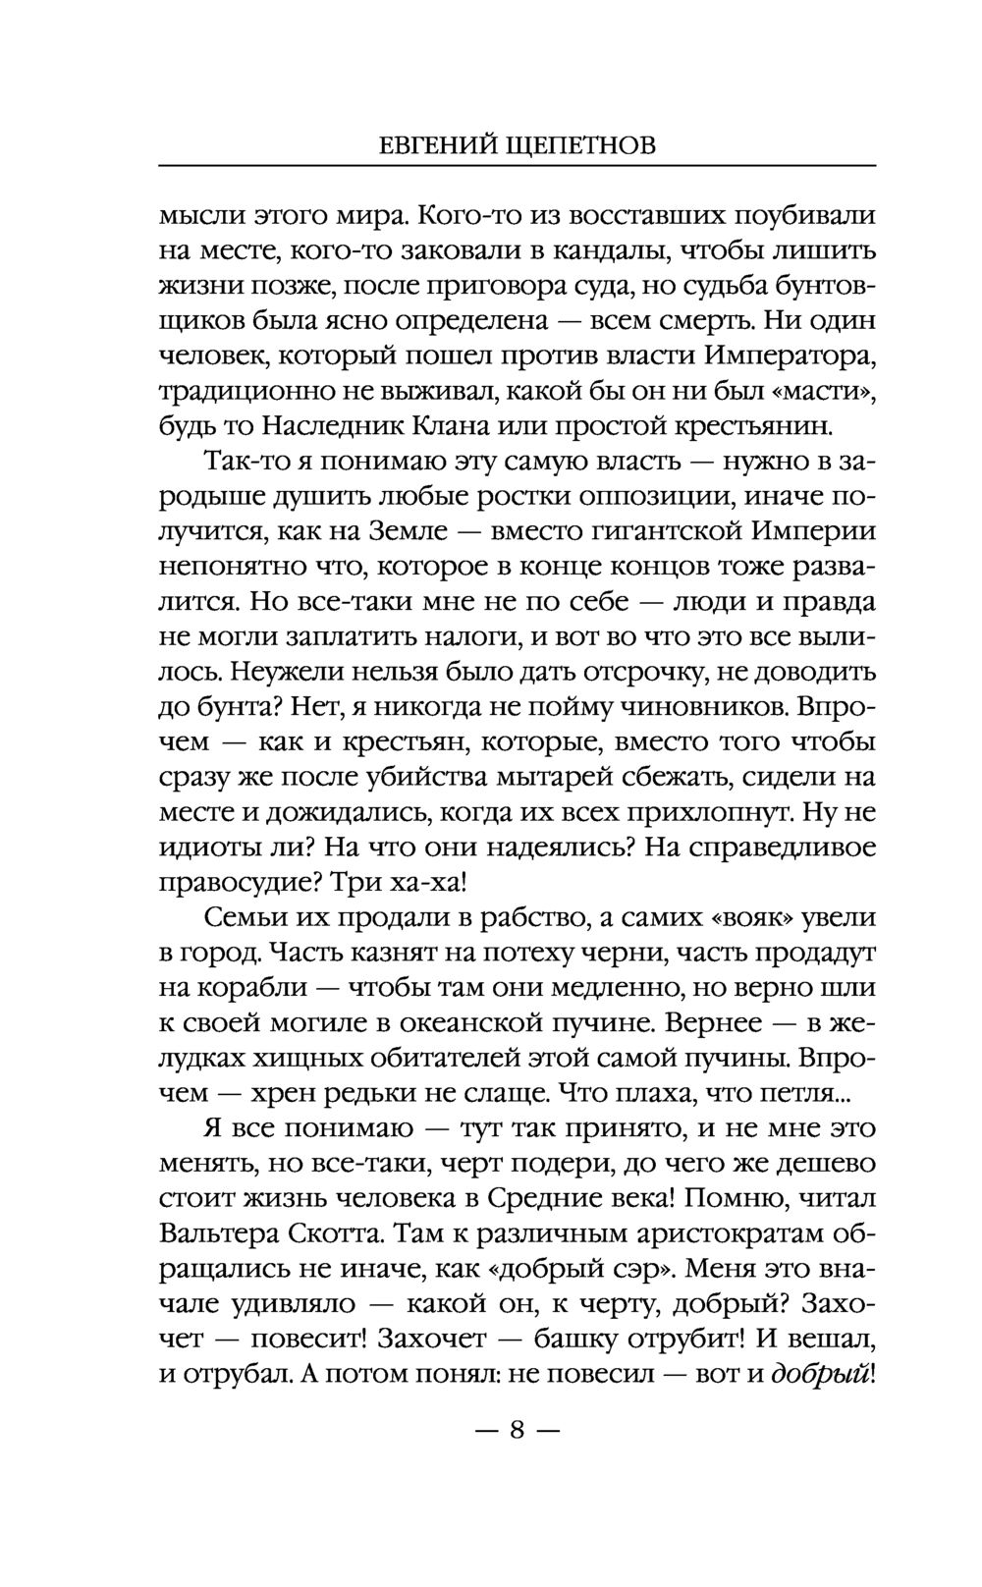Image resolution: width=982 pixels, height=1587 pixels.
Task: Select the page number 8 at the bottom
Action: pyautogui.click(x=517, y=1430)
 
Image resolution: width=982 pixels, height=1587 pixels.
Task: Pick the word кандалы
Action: pyautogui.click(x=606, y=250)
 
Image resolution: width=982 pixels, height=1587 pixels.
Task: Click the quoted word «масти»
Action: pyautogui.click(x=828, y=391)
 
